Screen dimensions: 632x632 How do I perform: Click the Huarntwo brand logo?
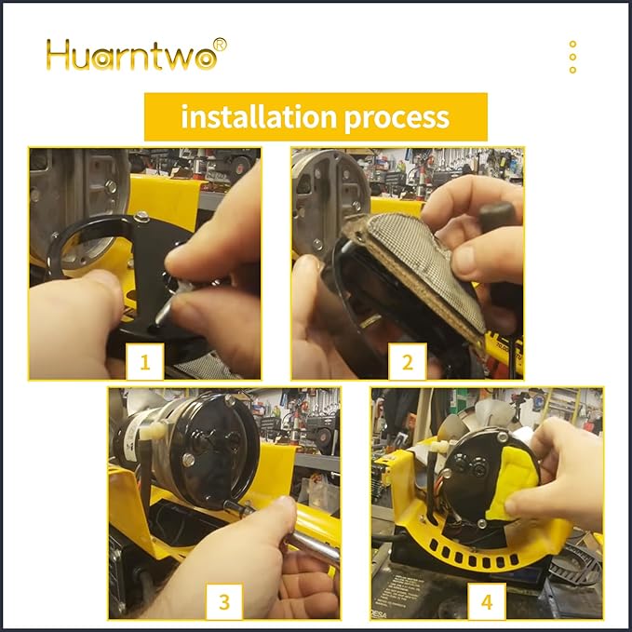pos(136,54)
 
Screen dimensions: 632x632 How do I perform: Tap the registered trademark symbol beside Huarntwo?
pos(220,45)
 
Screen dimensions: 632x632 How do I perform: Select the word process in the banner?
pos(397,117)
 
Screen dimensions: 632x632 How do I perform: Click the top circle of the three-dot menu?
pos(572,44)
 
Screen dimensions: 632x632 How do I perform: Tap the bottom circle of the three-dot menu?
pos(572,70)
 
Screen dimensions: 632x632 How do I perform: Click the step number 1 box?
pos(145,361)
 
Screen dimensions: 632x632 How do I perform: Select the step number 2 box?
pos(408,361)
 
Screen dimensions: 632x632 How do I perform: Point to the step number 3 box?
pos(224,601)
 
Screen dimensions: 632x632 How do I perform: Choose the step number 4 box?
pos(487,601)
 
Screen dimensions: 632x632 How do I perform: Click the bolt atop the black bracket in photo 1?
pos(141,217)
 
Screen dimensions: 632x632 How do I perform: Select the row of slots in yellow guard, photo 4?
pos(472,558)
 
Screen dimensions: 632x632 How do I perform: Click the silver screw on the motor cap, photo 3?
pos(188,459)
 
